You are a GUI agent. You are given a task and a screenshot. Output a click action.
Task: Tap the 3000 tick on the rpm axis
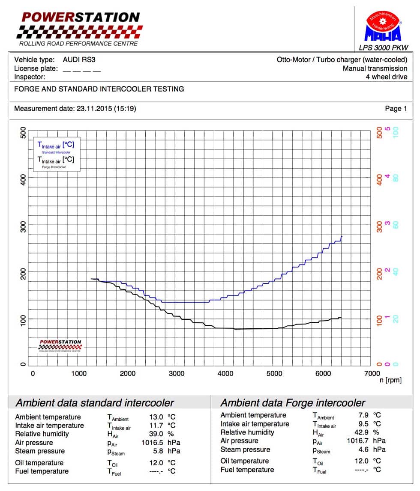176,373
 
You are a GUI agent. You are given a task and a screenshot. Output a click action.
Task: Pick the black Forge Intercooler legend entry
56,162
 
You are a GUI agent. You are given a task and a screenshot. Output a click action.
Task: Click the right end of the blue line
342,237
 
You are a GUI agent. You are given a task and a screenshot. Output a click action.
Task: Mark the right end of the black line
341,317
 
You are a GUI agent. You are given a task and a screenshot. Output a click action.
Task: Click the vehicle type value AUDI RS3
79,60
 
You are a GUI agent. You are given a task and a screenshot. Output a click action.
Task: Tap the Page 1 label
396,109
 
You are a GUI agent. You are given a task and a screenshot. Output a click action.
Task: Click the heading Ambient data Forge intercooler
292,403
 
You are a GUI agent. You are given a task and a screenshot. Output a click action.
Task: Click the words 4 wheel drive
386,77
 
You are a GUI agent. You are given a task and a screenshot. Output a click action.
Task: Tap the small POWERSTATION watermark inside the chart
60,345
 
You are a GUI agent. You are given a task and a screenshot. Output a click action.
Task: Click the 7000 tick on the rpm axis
371,373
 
